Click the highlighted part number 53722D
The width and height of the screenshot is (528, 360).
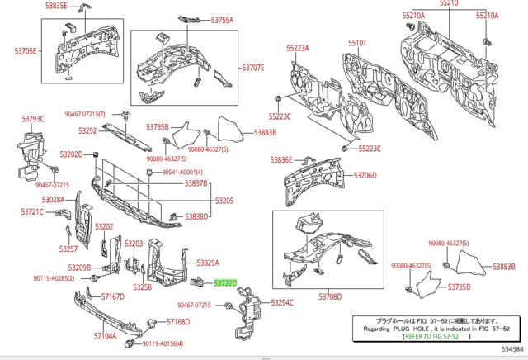[x=225, y=282]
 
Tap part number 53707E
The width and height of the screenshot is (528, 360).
[x=252, y=68]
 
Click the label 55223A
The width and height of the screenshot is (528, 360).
[x=297, y=49]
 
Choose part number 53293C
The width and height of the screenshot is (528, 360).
[x=32, y=119]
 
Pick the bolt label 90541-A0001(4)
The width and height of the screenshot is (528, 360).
[x=181, y=172]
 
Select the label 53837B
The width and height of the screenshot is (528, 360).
[x=196, y=182]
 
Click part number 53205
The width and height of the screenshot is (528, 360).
[x=225, y=201]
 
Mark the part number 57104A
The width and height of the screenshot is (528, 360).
[x=105, y=336]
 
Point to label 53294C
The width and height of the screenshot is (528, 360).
[x=282, y=303]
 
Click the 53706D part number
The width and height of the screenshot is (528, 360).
[x=365, y=176]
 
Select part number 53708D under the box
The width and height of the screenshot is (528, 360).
[x=329, y=296]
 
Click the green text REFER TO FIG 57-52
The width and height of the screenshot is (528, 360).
[x=436, y=337]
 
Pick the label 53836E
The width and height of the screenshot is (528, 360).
[x=281, y=159]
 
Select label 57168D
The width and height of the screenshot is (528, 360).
[x=178, y=322]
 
